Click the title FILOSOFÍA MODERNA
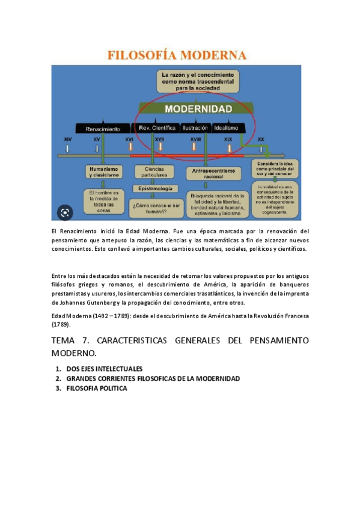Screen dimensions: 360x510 [x=177, y=55]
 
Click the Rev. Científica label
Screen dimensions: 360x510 [x=157, y=128]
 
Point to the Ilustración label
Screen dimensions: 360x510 [x=195, y=128]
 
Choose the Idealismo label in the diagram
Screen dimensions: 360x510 [x=225, y=128]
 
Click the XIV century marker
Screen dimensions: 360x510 [x=68, y=140]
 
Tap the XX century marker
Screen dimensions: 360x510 [x=261, y=140]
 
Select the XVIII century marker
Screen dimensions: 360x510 [x=195, y=140]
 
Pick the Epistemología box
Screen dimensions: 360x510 [x=155, y=188]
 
